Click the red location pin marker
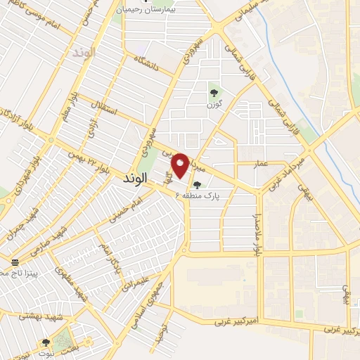(181, 165)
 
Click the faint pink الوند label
(83, 53)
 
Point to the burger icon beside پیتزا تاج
(15, 260)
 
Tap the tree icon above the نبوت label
(46, 343)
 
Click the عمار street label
(262, 163)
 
